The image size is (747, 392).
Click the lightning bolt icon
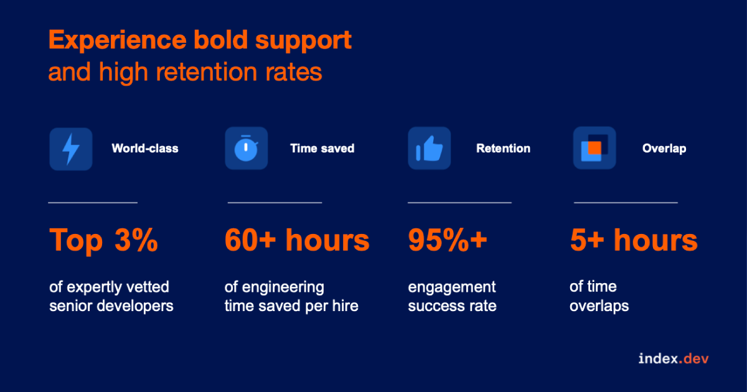click(71, 149)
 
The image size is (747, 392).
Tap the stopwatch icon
click(246, 148)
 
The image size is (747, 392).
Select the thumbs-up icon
click(429, 148)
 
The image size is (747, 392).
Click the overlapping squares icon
click(594, 147)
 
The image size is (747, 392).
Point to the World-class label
click(145, 148)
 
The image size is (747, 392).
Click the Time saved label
click(322, 148)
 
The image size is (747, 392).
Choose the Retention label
click(503, 148)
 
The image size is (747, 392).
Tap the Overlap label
click(664, 149)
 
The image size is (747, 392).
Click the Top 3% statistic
click(103, 241)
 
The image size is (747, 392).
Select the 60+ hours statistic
click(297, 240)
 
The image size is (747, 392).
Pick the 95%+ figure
click(448, 240)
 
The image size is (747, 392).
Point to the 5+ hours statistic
click(634, 240)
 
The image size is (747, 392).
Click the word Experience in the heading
click(118, 40)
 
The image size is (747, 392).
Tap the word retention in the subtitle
click(207, 72)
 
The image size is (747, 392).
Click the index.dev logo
click(674, 358)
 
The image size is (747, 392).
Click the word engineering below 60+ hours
click(283, 287)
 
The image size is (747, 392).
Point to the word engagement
click(452, 287)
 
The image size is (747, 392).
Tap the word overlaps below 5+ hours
click(599, 306)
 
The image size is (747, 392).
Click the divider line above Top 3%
click(93, 202)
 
